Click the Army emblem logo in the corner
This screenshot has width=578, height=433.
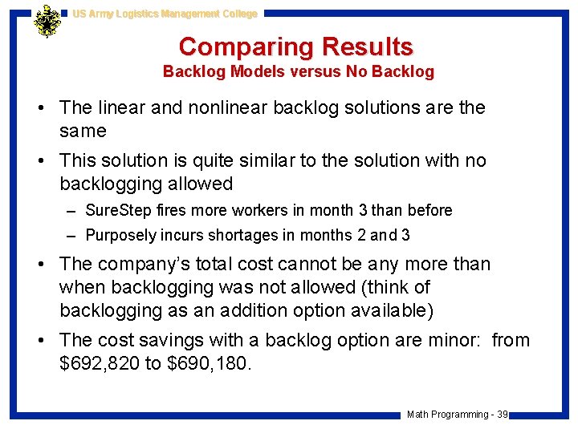tap(47, 22)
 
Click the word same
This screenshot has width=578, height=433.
tap(83, 130)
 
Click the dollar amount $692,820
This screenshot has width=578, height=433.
tap(100, 363)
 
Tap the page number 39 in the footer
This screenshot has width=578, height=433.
tap(502, 414)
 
